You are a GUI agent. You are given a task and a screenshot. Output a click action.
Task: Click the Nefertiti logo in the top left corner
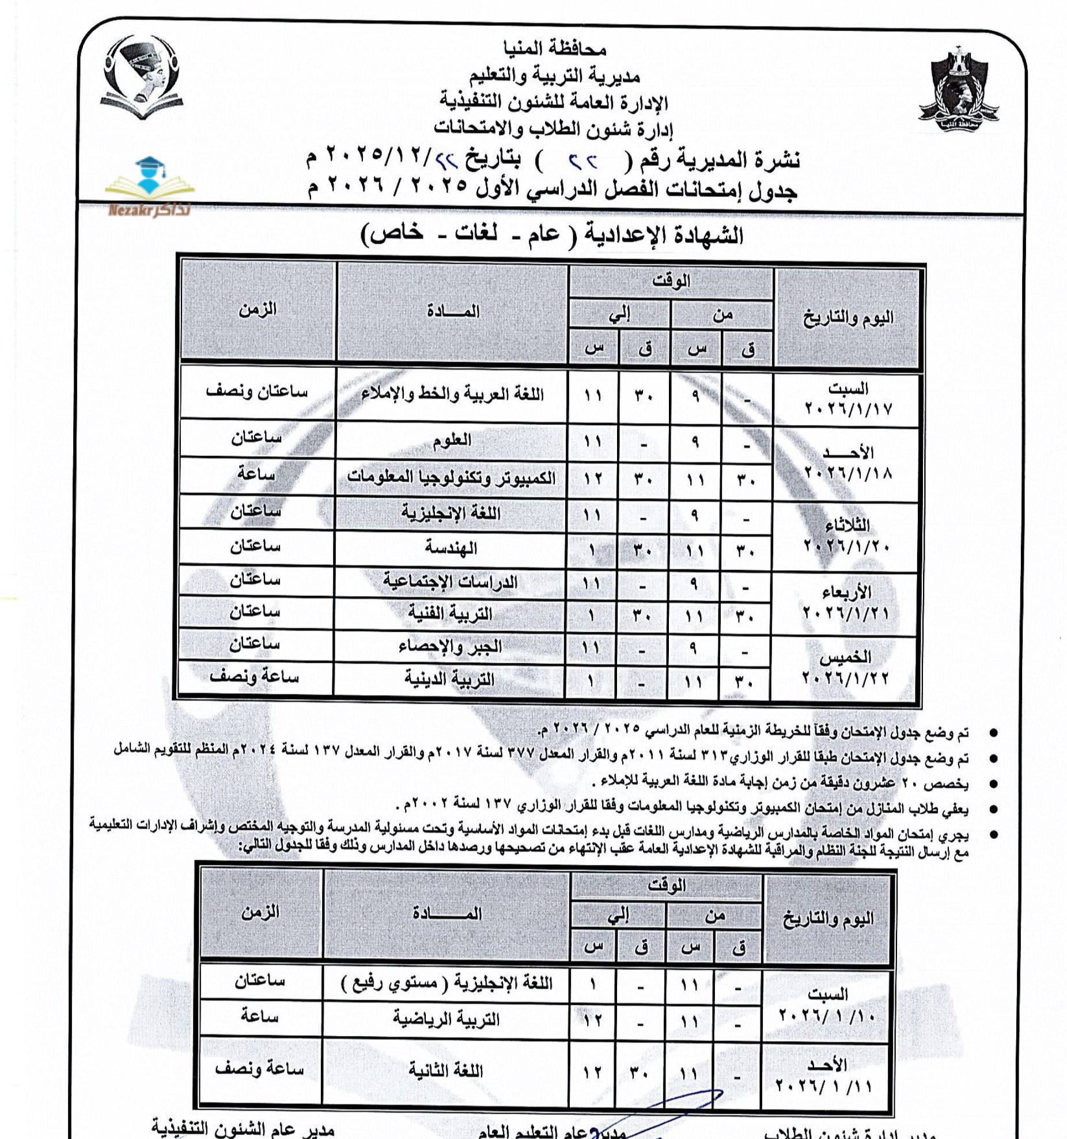coord(142,77)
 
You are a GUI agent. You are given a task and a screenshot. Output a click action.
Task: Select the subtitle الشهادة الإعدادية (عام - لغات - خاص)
coord(551,234)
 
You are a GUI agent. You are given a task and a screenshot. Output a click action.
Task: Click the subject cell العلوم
coord(451,441)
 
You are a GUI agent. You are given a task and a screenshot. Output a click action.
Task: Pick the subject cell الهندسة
coord(451,547)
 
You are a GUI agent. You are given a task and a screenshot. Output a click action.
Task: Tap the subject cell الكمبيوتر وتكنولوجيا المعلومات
coord(451,477)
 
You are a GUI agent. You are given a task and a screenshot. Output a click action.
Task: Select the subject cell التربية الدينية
coord(449,679)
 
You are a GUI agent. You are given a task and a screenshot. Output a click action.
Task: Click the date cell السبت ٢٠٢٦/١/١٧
coord(847,399)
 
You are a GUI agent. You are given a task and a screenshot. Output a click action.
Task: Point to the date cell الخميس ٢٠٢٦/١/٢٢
coord(845,668)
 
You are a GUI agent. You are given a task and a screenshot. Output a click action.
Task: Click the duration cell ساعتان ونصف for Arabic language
coord(257,392)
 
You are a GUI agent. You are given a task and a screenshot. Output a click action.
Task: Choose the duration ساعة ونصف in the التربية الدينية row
coord(254,677)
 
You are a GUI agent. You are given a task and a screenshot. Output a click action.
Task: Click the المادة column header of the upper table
coord(453,312)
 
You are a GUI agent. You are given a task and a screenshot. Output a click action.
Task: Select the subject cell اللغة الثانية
coord(445,1070)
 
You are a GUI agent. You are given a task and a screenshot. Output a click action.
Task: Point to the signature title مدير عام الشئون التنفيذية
coord(242,1126)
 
